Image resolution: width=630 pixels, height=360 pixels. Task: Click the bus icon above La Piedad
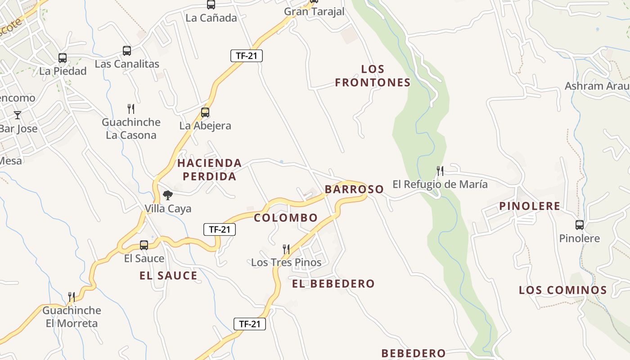click(63, 58)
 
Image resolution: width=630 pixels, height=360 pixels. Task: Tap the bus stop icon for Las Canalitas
click(127, 51)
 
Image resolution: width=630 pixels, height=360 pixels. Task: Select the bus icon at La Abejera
click(205, 112)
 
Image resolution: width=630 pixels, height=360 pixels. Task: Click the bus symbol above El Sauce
click(144, 245)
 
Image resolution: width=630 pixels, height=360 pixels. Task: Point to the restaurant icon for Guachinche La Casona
click(131, 108)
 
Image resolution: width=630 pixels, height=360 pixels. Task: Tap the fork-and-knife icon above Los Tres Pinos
click(286, 249)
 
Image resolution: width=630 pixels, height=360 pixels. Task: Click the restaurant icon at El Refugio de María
click(440, 171)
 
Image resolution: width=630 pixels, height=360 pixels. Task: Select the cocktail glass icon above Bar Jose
click(18, 115)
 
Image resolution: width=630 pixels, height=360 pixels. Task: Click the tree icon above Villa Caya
click(168, 195)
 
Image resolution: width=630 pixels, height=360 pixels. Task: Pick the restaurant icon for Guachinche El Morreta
click(72, 297)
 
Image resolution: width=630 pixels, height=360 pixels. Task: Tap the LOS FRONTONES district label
click(373, 76)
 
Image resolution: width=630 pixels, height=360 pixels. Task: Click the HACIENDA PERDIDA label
click(209, 170)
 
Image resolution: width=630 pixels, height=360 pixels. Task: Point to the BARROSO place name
click(354, 189)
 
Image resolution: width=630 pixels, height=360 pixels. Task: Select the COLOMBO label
click(286, 218)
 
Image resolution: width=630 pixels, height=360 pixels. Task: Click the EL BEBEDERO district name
click(333, 284)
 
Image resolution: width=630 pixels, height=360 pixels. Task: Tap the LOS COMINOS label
click(563, 290)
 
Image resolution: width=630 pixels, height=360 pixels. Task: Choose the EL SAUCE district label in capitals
click(168, 276)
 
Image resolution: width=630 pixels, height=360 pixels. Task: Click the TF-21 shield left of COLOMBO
click(220, 229)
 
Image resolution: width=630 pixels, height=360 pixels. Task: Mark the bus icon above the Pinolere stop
click(580, 225)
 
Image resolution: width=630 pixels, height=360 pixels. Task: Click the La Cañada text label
click(211, 18)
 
